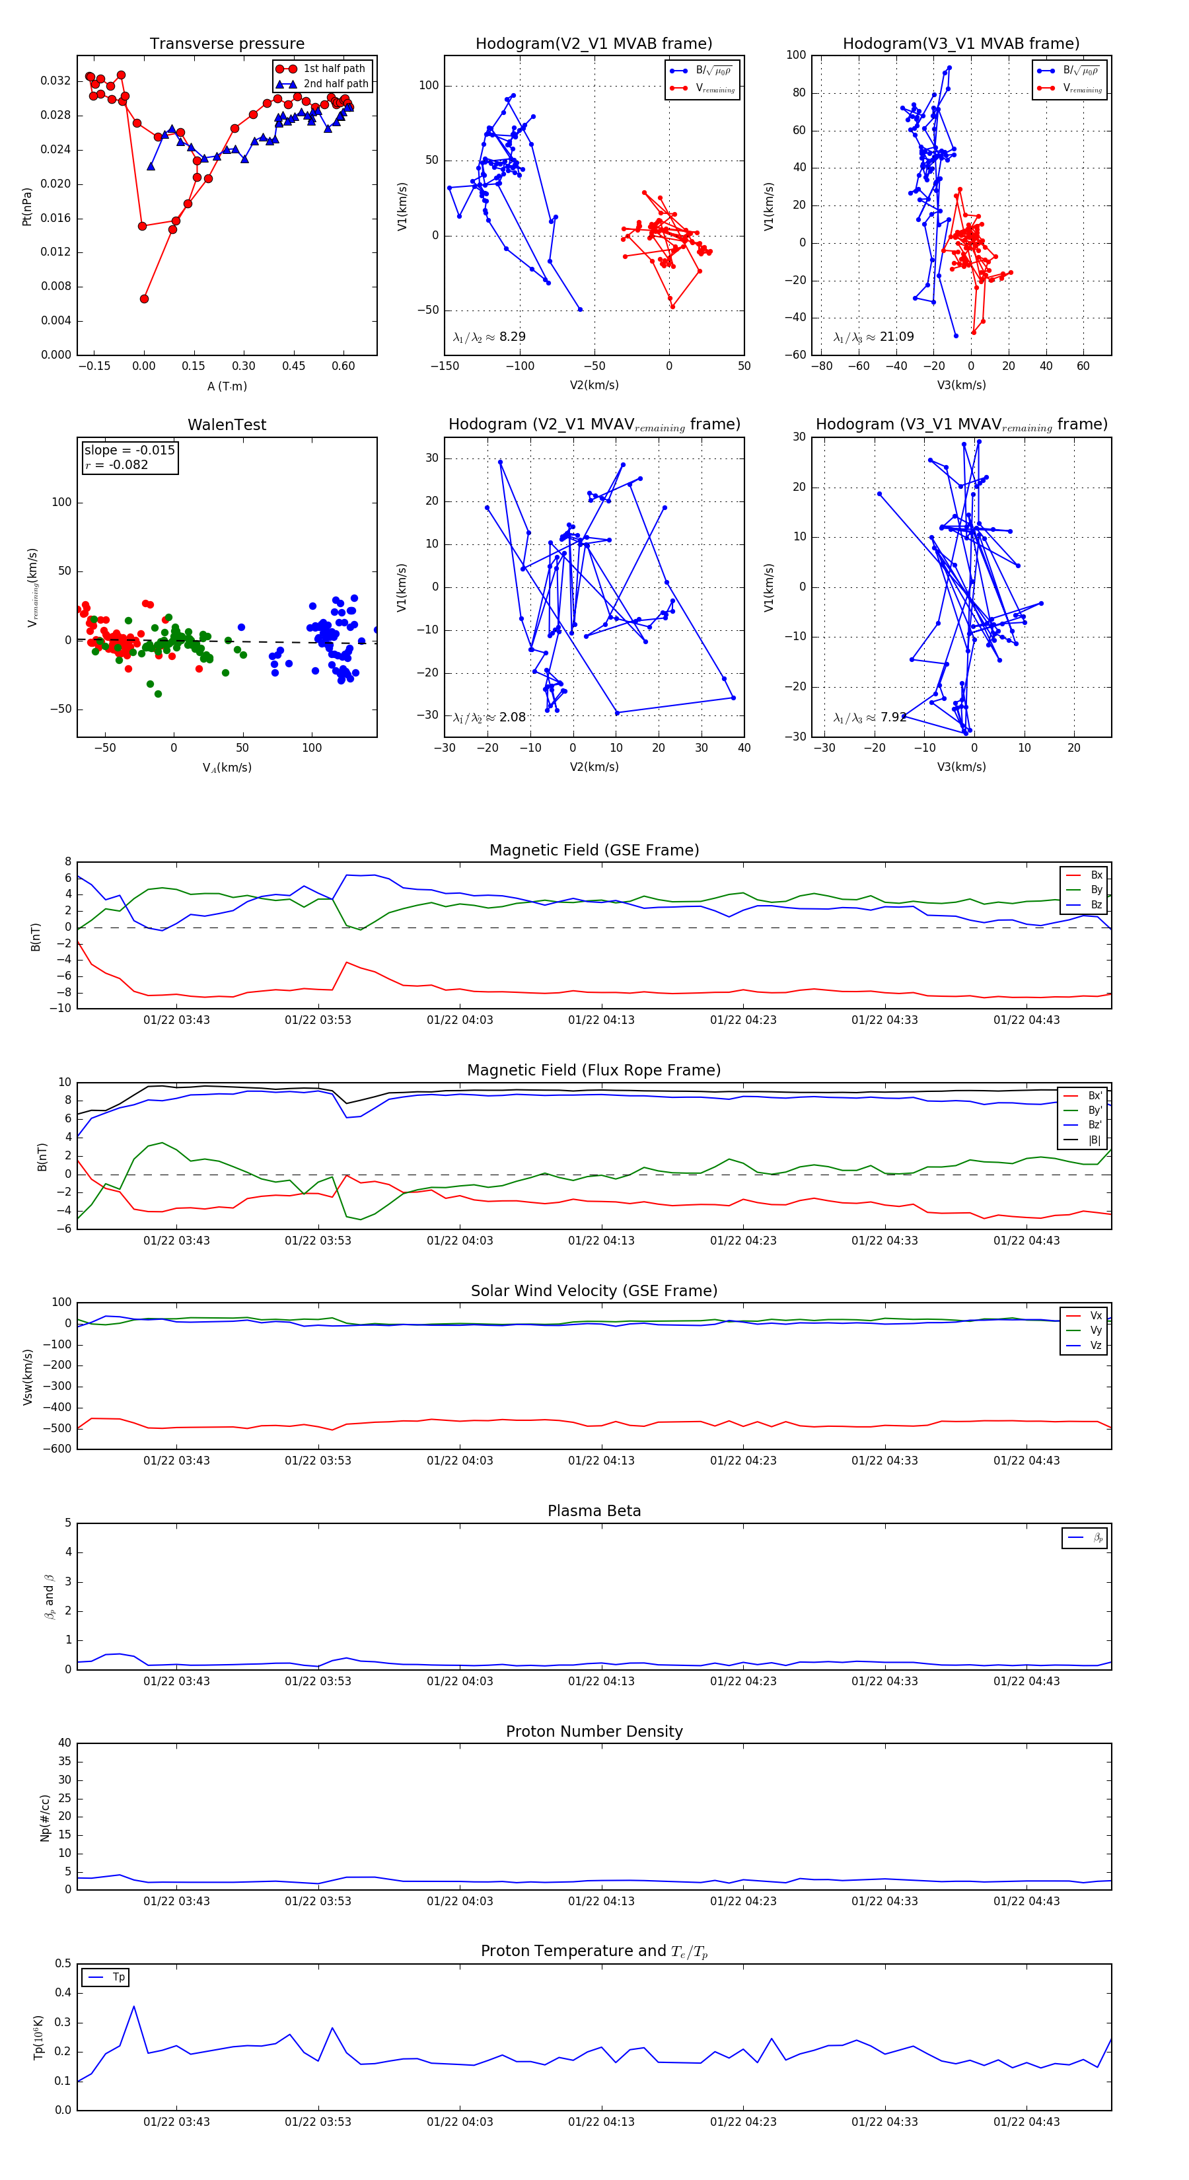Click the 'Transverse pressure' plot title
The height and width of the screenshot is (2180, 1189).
[227, 44]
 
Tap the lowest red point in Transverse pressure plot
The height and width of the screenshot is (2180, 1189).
[144, 299]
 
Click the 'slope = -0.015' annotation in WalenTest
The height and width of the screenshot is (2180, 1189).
[129, 451]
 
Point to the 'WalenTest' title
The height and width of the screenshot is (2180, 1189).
[227, 425]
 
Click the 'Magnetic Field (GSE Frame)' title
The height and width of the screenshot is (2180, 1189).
[594, 850]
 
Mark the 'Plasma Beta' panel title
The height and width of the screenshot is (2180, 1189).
[594, 1511]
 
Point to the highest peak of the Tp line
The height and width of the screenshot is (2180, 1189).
[133, 2006]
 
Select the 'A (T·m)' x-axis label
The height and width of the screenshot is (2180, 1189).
[227, 386]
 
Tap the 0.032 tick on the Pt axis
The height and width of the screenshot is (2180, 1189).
[56, 81]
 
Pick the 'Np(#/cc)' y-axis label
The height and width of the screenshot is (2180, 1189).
[45, 1818]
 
